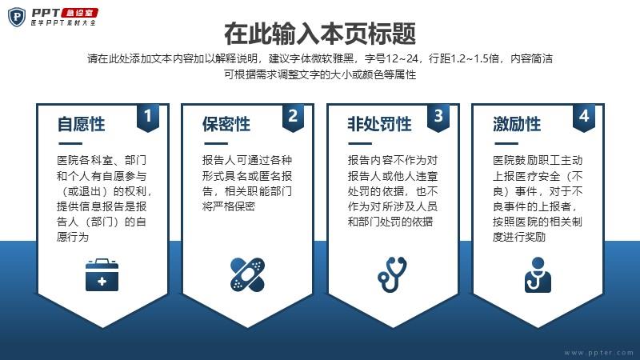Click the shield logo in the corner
click(x=17, y=17)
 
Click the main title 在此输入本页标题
click(x=320, y=34)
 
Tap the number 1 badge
click(x=148, y=117)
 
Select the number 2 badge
click(x=293, y=117)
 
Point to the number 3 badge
click(x=438, y=117)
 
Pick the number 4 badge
click(x=584, y=117)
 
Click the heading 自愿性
click(x=82, y=124)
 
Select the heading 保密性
click(x=226, y=124)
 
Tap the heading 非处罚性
click(x=379, y=124)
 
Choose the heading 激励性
click(x=517, y=124)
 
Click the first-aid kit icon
click(x=102, y=274)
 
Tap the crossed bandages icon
click(x=247, y=274)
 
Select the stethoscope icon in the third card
click(x=392, y=274)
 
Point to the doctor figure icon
click(x=538, y=274)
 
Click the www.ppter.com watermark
click(x=598, y=353)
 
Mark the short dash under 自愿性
click(x=70, y=144)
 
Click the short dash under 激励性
click(x=506, y=144)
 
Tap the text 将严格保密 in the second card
click(x=229, y=206)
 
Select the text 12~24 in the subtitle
click(x=402, y=58)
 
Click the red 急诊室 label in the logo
click(x=79, y=13)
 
